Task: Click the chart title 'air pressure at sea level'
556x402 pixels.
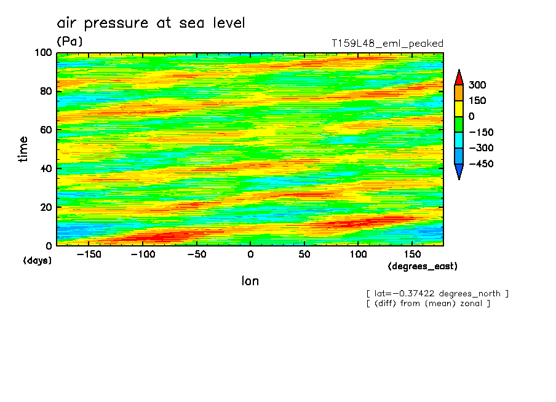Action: coord(151,23)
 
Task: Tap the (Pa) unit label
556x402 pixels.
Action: coord(69,41)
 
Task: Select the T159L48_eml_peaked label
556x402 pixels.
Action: coord(387,44)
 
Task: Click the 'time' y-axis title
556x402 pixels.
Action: coord(23,149)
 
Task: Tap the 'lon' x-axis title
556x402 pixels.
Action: coord(250,281)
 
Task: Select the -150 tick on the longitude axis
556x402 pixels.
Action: coord(89,254)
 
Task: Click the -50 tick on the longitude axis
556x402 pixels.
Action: coord(196,254)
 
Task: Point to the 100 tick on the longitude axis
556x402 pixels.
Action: coord(358,254)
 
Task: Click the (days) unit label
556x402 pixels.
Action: coord(37,261)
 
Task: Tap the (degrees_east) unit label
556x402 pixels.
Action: coord(423,266)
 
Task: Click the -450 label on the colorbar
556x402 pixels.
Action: coord(481,164)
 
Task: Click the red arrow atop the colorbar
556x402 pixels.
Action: coord(459,77)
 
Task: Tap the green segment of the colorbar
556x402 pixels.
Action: coord(459,124)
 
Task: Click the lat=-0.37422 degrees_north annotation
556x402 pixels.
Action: coord(437,293)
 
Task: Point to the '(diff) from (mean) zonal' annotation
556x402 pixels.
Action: coord(428,303)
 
